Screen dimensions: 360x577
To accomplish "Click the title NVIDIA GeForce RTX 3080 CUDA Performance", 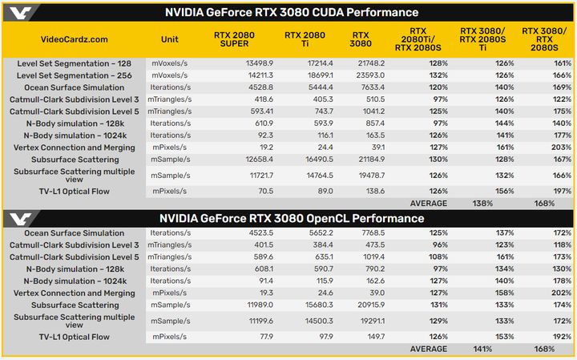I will (x=291, y=12).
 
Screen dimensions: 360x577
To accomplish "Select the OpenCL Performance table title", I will (x=291, y=218).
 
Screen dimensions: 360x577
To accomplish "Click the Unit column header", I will (x=170, y=38).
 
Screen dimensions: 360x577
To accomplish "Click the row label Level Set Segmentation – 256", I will (x=71, y=74).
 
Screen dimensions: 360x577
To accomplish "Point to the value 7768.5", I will (x=369, y=233).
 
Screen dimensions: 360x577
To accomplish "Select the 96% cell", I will (x=438, y=245).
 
